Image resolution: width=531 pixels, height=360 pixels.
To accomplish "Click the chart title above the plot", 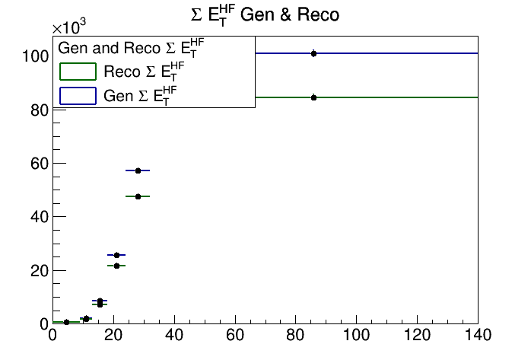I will (x=265, y=14).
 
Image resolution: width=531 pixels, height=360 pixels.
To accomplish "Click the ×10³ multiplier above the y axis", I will (x=70, y=27).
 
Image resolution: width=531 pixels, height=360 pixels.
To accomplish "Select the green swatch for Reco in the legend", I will (x=78, y=72).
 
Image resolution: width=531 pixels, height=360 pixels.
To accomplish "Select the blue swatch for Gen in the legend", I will (x=78, y=95).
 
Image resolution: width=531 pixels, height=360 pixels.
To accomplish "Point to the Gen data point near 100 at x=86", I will (x=313, y=53).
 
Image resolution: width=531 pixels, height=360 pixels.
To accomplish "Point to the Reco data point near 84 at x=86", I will (x=313, y=97).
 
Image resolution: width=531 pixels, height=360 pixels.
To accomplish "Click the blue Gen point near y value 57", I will (x=138, y=170).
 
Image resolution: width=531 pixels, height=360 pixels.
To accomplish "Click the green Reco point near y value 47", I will (x=138, y=196).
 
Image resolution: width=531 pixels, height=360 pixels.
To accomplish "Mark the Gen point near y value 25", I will (x=116, y=255).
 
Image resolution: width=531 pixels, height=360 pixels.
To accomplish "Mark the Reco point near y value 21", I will (x=116, y=266).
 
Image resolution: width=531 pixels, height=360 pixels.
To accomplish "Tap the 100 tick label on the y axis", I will (x=34, y=56).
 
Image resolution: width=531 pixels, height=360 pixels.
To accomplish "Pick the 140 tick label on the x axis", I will (x=478, y=336).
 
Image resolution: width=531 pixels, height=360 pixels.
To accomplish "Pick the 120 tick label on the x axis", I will (x=417, y=336).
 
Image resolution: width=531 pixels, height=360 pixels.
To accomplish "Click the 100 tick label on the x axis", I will (x=356, y=336).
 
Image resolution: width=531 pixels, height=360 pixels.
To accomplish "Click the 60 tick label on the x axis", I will (x=235, y=336).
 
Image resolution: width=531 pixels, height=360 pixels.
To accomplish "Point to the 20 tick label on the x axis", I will (x=113, y=336).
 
